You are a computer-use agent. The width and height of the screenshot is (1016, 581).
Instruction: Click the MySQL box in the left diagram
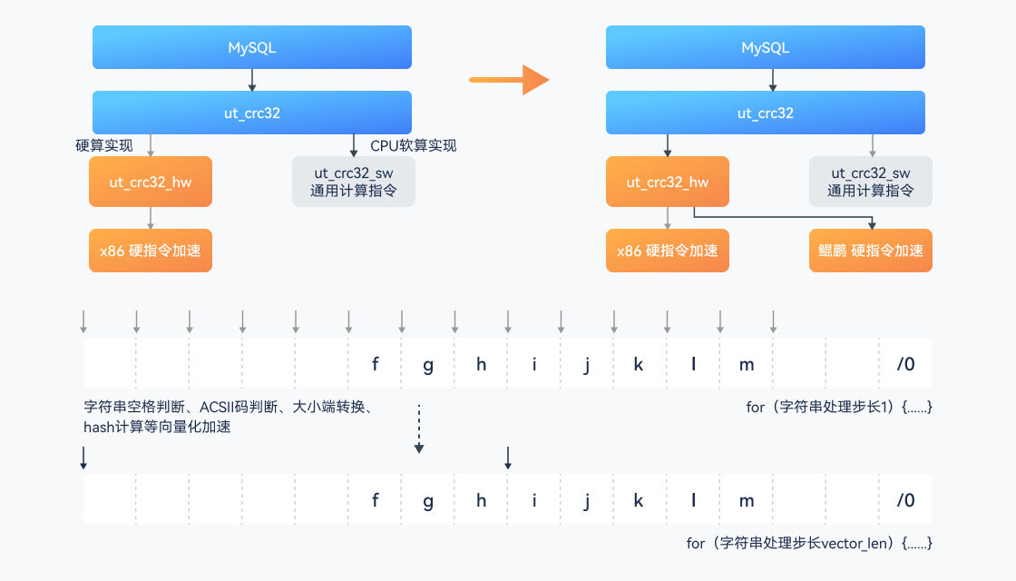click(252, 47)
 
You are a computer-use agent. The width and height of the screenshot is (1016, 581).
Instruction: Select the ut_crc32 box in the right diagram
click(766, 113)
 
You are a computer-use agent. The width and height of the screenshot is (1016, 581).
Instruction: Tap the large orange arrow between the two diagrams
click(510, 80)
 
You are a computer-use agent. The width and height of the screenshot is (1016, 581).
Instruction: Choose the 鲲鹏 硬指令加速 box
click(871, 251)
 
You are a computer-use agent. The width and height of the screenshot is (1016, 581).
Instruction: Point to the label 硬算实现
click(104, 145)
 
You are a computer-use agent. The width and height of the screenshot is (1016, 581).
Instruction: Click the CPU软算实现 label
click(414, 145)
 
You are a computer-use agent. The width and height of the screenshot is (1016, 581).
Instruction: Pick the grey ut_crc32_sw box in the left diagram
click(352, 182)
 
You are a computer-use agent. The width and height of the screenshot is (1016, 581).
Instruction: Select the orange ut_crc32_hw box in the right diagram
click(668, 182)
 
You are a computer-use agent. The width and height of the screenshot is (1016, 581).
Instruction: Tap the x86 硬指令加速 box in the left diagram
click(151, 251)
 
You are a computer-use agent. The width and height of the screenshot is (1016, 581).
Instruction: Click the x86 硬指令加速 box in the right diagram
click(668, 251)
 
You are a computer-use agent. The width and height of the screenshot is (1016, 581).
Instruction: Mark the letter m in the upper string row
click(747, 364)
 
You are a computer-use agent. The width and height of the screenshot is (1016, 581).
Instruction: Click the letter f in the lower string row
click(375, 500)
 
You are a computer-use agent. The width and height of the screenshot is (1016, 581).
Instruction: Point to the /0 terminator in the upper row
click(905, 364)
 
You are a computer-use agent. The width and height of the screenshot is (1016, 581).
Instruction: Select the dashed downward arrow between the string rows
click(418, 428)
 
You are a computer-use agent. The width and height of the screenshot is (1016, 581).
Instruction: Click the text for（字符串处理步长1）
click(839, 408)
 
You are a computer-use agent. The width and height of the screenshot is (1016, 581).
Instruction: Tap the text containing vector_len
click(809, 544)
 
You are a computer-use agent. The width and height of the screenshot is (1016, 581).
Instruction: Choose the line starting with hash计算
click(156, 427)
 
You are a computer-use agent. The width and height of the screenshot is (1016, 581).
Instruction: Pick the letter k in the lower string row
click(639, 500)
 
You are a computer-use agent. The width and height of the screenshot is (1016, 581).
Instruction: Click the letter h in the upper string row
click(481, 364)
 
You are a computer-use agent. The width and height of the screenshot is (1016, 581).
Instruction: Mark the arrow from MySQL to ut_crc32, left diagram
click(252, 80)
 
